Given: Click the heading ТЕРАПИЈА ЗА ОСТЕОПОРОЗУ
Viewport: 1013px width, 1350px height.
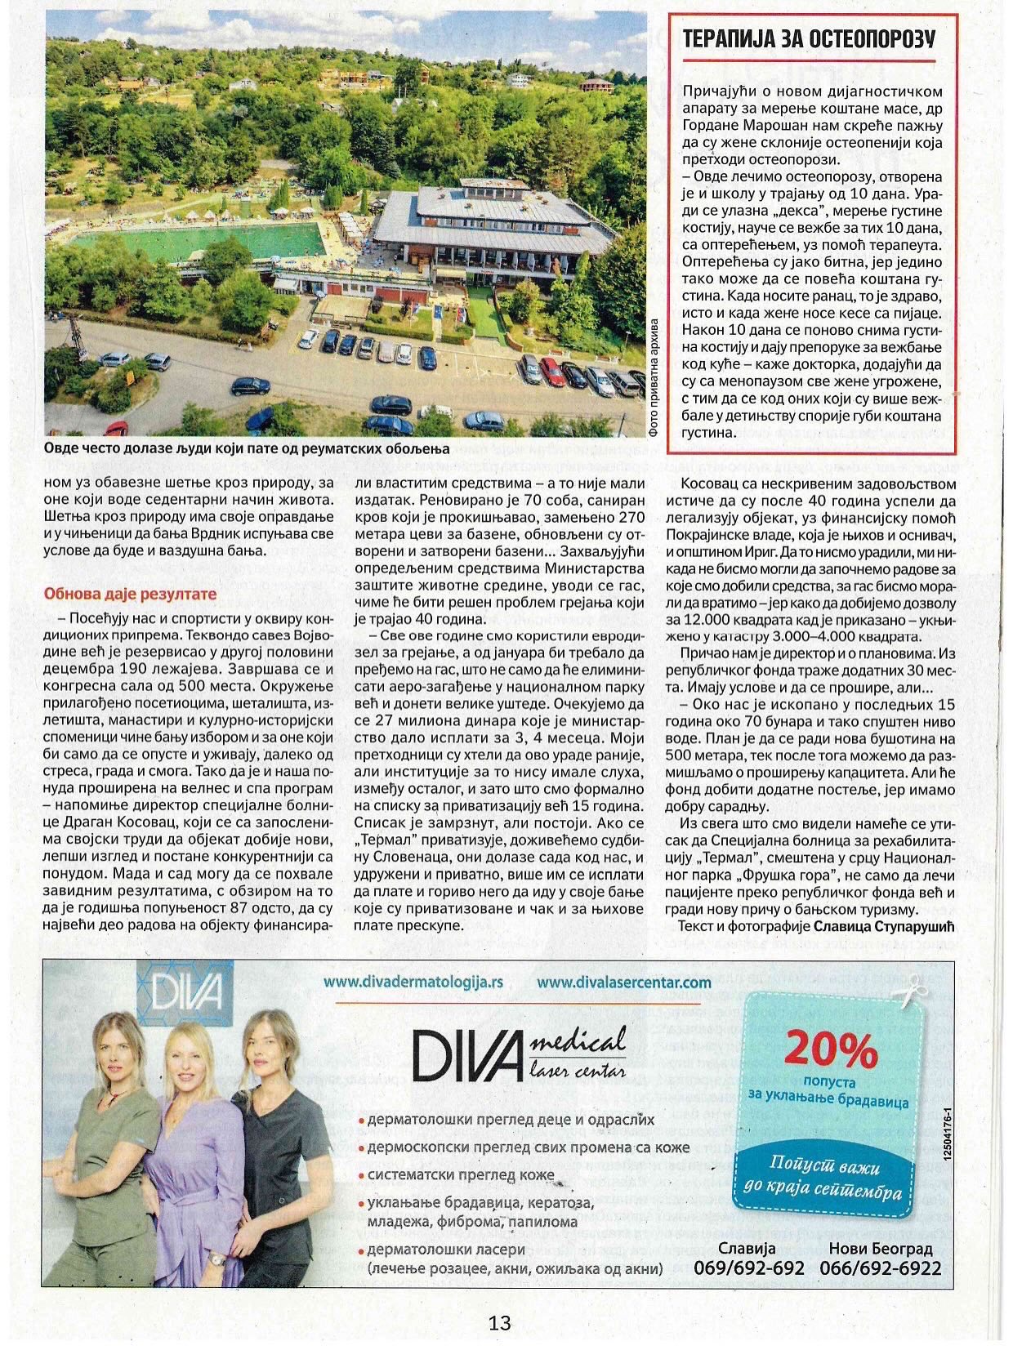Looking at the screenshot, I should (x=809, y=40).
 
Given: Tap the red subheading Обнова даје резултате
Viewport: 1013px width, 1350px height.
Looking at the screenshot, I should (x=130, y=594).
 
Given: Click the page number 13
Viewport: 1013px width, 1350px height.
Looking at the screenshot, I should (x=500, y=1321).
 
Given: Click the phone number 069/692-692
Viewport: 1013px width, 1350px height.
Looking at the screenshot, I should (x=748, y=1268).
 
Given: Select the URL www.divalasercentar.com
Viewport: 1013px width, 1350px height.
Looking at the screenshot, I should (x=624, y=982).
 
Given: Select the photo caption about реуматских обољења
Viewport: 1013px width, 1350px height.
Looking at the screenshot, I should (x=247, y=450).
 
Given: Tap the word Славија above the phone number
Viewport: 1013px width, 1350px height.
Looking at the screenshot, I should (x=747, y=1248).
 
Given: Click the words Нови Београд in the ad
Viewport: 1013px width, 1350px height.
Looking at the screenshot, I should (x=881, y=1248).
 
